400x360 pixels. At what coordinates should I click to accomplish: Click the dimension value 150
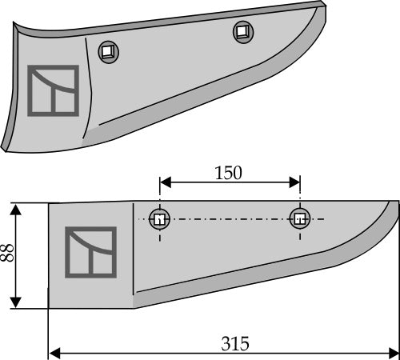229,173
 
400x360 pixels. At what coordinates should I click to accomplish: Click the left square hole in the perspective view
106,52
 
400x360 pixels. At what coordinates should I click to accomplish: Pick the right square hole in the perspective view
242,32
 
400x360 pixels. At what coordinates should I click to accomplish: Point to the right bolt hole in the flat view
300,218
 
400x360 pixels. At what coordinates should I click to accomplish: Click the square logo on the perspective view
52,89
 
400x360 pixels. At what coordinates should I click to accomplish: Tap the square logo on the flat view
90,254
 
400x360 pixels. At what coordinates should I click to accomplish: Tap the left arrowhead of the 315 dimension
54,353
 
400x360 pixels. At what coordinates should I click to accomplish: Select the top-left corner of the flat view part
50,203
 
